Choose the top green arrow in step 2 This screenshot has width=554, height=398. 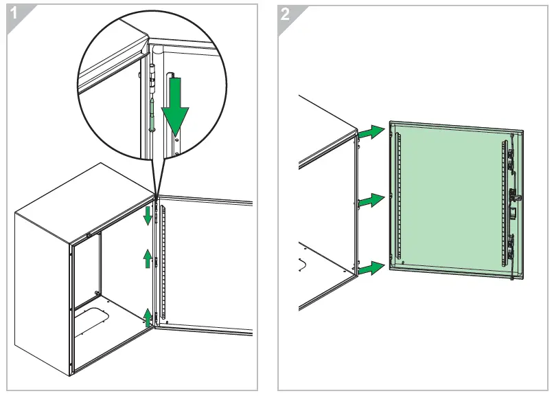pyautogui.click(x=372, y=132)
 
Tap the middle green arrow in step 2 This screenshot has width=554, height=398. pyautogui.click(x=372, y=201)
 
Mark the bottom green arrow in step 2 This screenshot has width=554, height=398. pyautogui.click(x=372, y=268)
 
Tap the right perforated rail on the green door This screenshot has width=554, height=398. pyautogui.click(x=503, y=206)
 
